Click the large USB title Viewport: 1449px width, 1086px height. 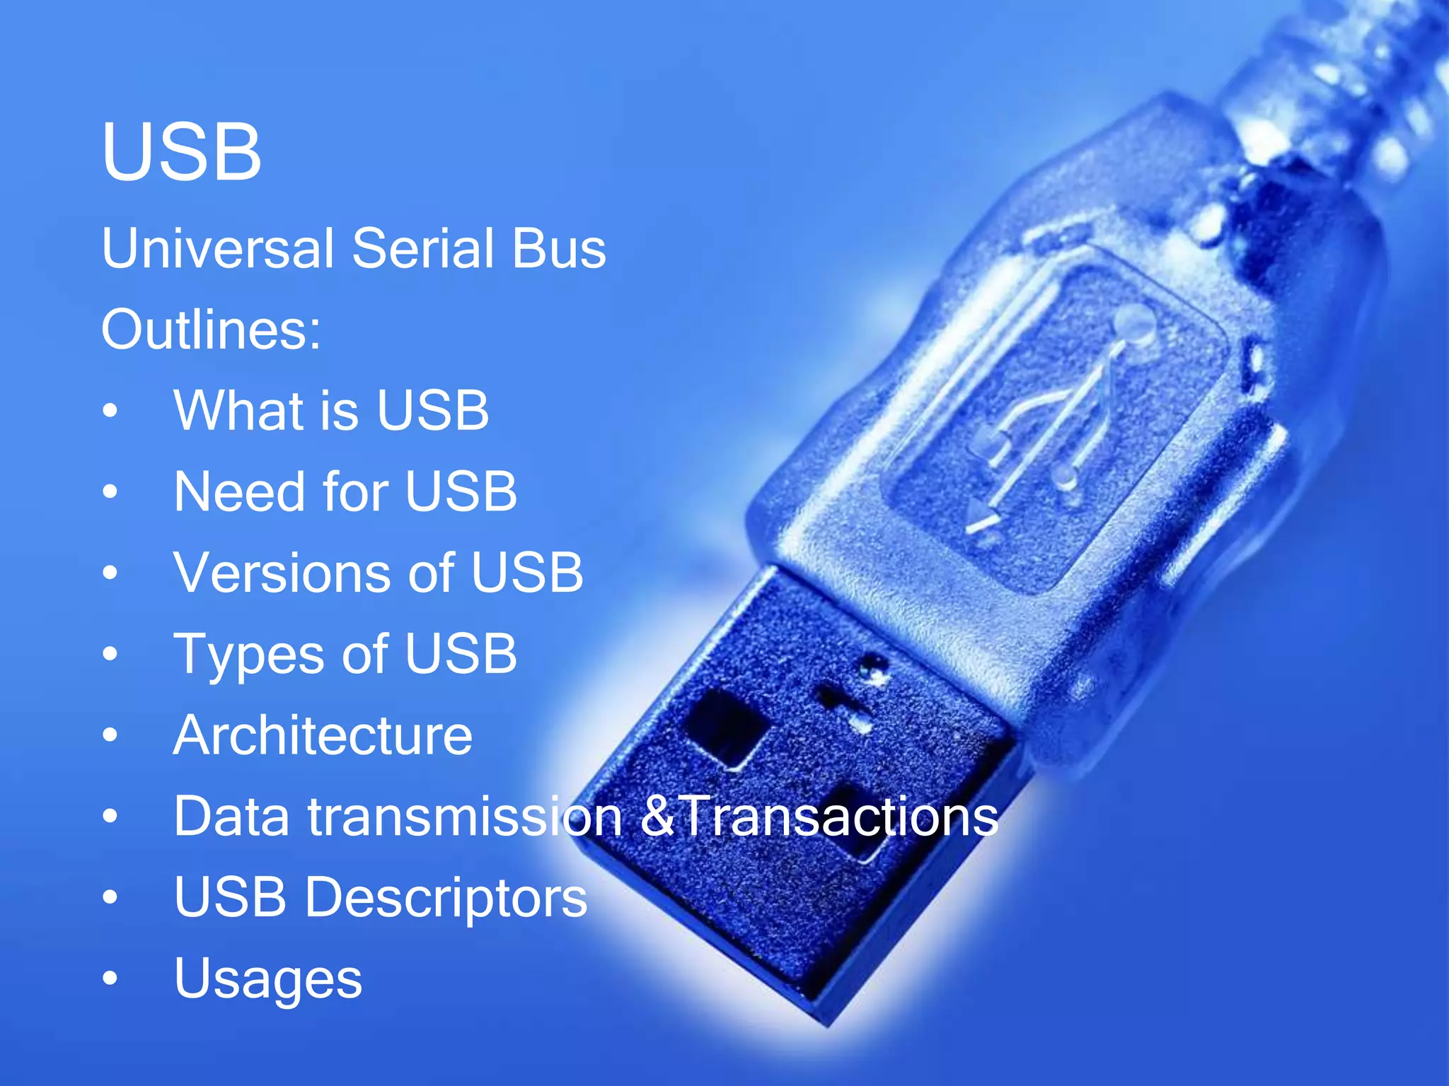(x=181, y=151)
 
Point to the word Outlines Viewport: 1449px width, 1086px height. (x=211, y=330)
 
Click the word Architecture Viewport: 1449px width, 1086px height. (x=323, y=735)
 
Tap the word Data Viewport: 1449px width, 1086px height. (x=232, y=817)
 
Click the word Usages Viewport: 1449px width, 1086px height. (x=268, y=979)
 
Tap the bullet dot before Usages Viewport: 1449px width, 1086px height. (x=110, y=979)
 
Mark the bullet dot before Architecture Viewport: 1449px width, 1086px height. (x=110, y=735)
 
